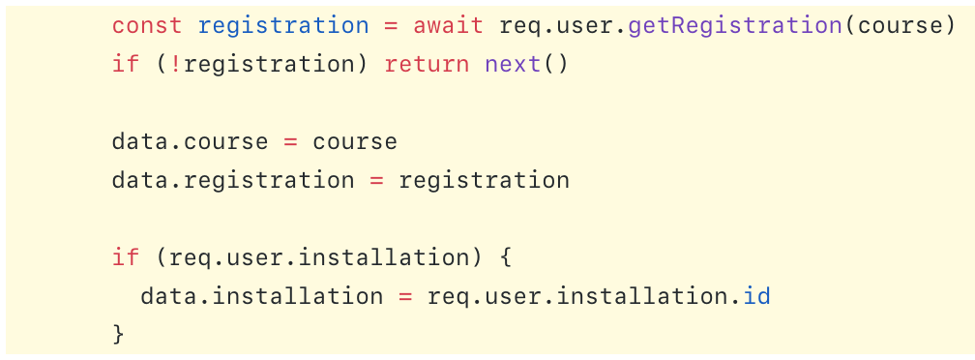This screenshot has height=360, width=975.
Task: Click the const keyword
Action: click(140, 25)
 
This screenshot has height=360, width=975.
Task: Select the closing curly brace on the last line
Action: click(119, 334)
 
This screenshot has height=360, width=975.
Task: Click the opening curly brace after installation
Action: click(505, 257)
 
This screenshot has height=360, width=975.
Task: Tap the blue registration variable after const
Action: click(283, 25)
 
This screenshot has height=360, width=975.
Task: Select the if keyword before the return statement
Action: click(126, 65)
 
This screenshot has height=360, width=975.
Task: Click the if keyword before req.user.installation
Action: click(126, 257)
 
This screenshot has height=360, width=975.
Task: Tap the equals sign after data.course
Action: click(290, 141)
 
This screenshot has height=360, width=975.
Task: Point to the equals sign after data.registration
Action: click(376, 180)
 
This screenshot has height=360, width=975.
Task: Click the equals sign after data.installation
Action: click(404, 295)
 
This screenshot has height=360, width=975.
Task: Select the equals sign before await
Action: click(391, 25)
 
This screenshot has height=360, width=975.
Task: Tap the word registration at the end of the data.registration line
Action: click(484, 180)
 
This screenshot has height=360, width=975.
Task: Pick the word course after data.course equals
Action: click(355, 141)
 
